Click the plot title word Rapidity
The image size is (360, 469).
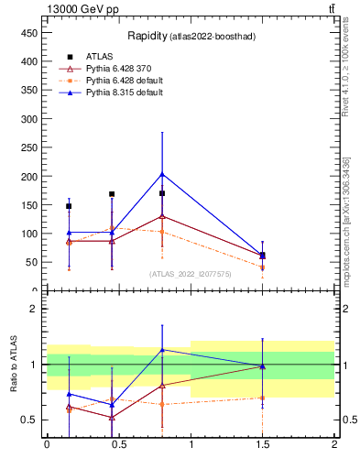(147, 37)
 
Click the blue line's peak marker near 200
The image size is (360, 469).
(162, 174)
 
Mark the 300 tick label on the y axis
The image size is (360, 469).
(29, 118)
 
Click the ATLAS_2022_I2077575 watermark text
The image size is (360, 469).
(190, 273)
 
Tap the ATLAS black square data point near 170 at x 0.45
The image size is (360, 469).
(112, 194)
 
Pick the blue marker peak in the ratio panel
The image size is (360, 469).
(162, 349)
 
